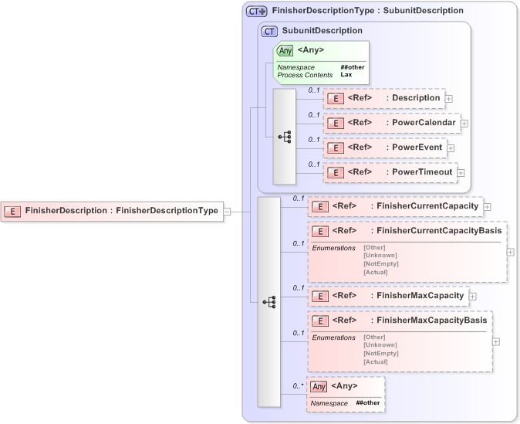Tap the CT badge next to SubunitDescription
click(269, 31)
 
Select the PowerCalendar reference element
click(391, 123)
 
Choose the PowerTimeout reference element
click(390, 172)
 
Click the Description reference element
click(383, 98)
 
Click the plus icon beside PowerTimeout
click(461, 173)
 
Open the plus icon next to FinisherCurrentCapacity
click(488, 206)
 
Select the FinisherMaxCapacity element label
click(417, 296)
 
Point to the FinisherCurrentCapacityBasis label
click(437, 231)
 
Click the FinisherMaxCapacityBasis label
click(429, 321)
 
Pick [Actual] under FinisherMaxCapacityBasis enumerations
click(376, 361)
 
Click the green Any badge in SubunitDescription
click(285, 51)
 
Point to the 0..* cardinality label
click(298, 385)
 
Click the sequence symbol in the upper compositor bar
click(284, 136)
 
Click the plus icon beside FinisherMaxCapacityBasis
click(496, 341)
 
